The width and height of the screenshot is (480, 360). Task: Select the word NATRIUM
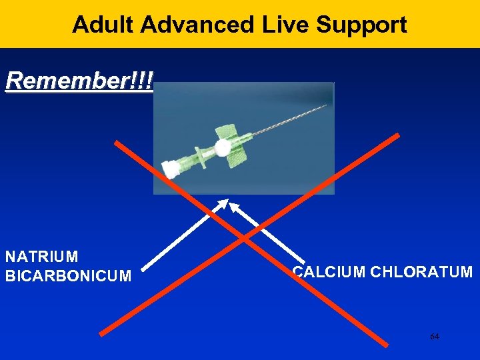(41, 257)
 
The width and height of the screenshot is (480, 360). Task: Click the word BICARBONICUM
(68, 275)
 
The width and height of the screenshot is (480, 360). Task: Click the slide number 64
(434, 337)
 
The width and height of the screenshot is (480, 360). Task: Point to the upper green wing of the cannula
(221, 131)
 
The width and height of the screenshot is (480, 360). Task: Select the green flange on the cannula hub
(197, 158)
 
